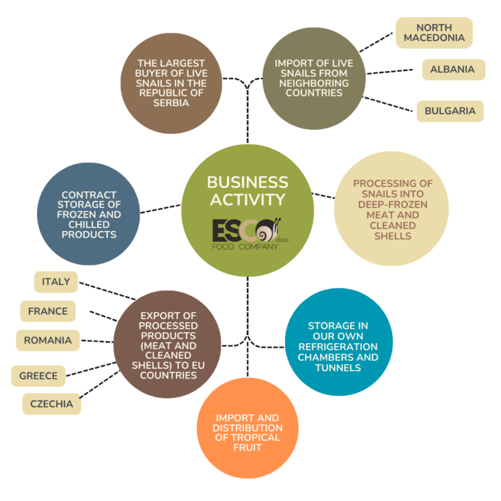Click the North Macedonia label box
point(434,33)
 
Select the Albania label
point(453,70)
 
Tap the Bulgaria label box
point(449,111)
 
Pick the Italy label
point(55,282)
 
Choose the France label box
point(48,311)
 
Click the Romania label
point(48,340)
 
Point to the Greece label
point(38,376)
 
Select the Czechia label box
point(52,404)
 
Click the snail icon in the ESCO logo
point(269,230)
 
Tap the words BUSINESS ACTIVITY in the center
point(247,190)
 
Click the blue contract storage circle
point(89,214)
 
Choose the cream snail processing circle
point(391,209)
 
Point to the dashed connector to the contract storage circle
point(160,208)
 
